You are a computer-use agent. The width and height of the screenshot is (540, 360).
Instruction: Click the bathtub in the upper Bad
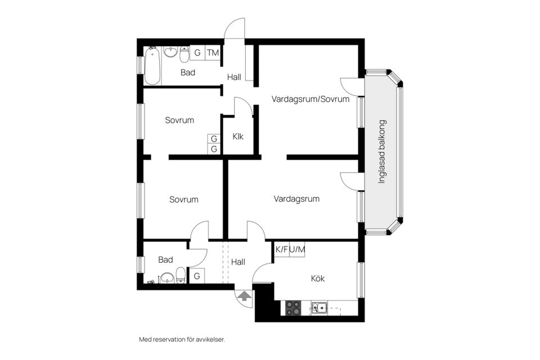pyautogui.click(x=152, y=65)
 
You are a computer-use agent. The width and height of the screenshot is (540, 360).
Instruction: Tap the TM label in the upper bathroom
pyautogui.click(x=213, y=53)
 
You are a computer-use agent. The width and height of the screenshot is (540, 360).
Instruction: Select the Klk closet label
pyautogui.click(x=238, y=136)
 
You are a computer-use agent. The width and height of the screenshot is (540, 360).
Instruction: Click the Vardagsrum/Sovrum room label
pyautogui.click(x=310, y=99)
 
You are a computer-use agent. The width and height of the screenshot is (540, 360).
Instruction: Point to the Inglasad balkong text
pyautogui.click(x=382, y=152)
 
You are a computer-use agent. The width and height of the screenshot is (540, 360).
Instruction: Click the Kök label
pyautogui.click(x=318, y=278)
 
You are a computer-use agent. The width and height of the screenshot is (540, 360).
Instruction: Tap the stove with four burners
pyautogui.click(x=293, y=308)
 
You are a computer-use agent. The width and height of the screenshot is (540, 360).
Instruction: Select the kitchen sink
pyautogui.click(x=319, y=308)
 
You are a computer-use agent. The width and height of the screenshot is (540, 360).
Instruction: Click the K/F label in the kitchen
pyautogui.click(x=281, y=249)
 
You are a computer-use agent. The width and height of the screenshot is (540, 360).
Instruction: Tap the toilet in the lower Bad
pyautogui.click(x=181, y=275)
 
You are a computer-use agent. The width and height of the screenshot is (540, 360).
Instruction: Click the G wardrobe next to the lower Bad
pyautogui.click(x=197, y=276)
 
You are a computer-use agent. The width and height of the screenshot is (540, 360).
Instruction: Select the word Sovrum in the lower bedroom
pyautogui.click(x=184, y=199)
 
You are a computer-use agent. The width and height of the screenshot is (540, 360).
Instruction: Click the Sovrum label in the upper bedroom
pyautogui.click(x=179, y=120)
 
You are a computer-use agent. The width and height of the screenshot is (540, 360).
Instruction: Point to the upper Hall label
pyautogui.click(x=234, y=76)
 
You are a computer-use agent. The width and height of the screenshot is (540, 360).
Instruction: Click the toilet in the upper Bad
pyautogui.click(x=184, y=55)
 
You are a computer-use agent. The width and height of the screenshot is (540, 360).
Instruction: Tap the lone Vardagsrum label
pyautogui.click(x=296, y=199)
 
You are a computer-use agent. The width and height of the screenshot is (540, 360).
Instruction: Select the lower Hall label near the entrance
pyautogui.click(x=238, y=262)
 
